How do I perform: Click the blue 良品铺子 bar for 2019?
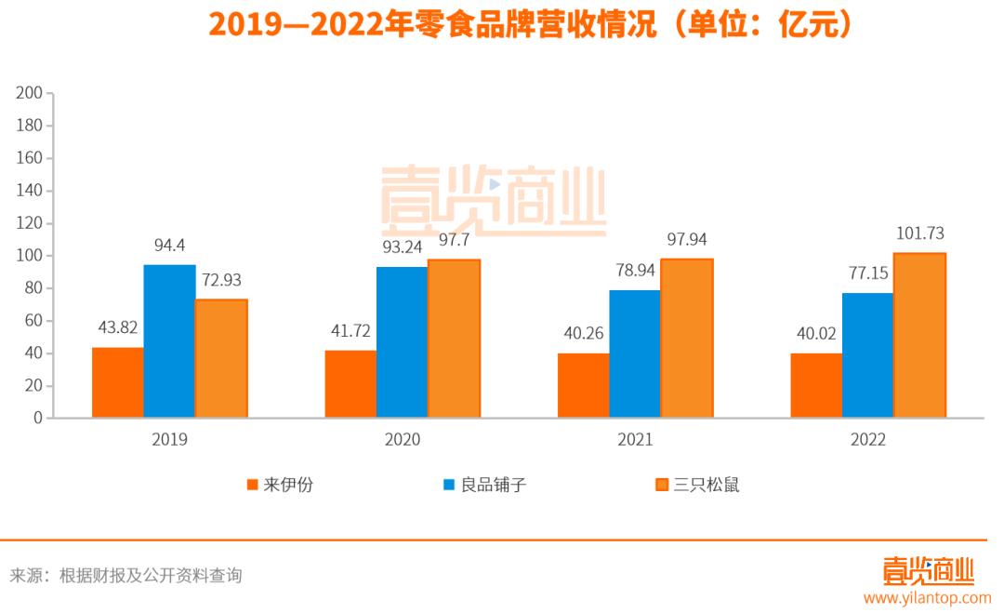tap(169, 341)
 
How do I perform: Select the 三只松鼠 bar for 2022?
tap(919, 335)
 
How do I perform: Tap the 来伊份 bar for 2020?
tap(350, 384)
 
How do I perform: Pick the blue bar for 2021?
tap(635, 353)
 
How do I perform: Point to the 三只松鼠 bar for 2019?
tap(221, 358)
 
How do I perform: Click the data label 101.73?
tap(918, 233)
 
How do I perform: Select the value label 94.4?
tap(169, 246)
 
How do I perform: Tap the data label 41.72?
tap(350, 331)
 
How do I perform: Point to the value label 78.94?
tap(635, 271)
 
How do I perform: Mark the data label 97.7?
tap(454, 240)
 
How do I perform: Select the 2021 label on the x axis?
tap(635, 440)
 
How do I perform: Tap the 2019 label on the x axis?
tap(169, 440)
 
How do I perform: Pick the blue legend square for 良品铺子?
tap(449, 485)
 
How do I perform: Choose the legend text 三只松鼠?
tap(707, 485)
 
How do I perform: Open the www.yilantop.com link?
tap(927, 598)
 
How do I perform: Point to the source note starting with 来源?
tap(125, 576)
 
